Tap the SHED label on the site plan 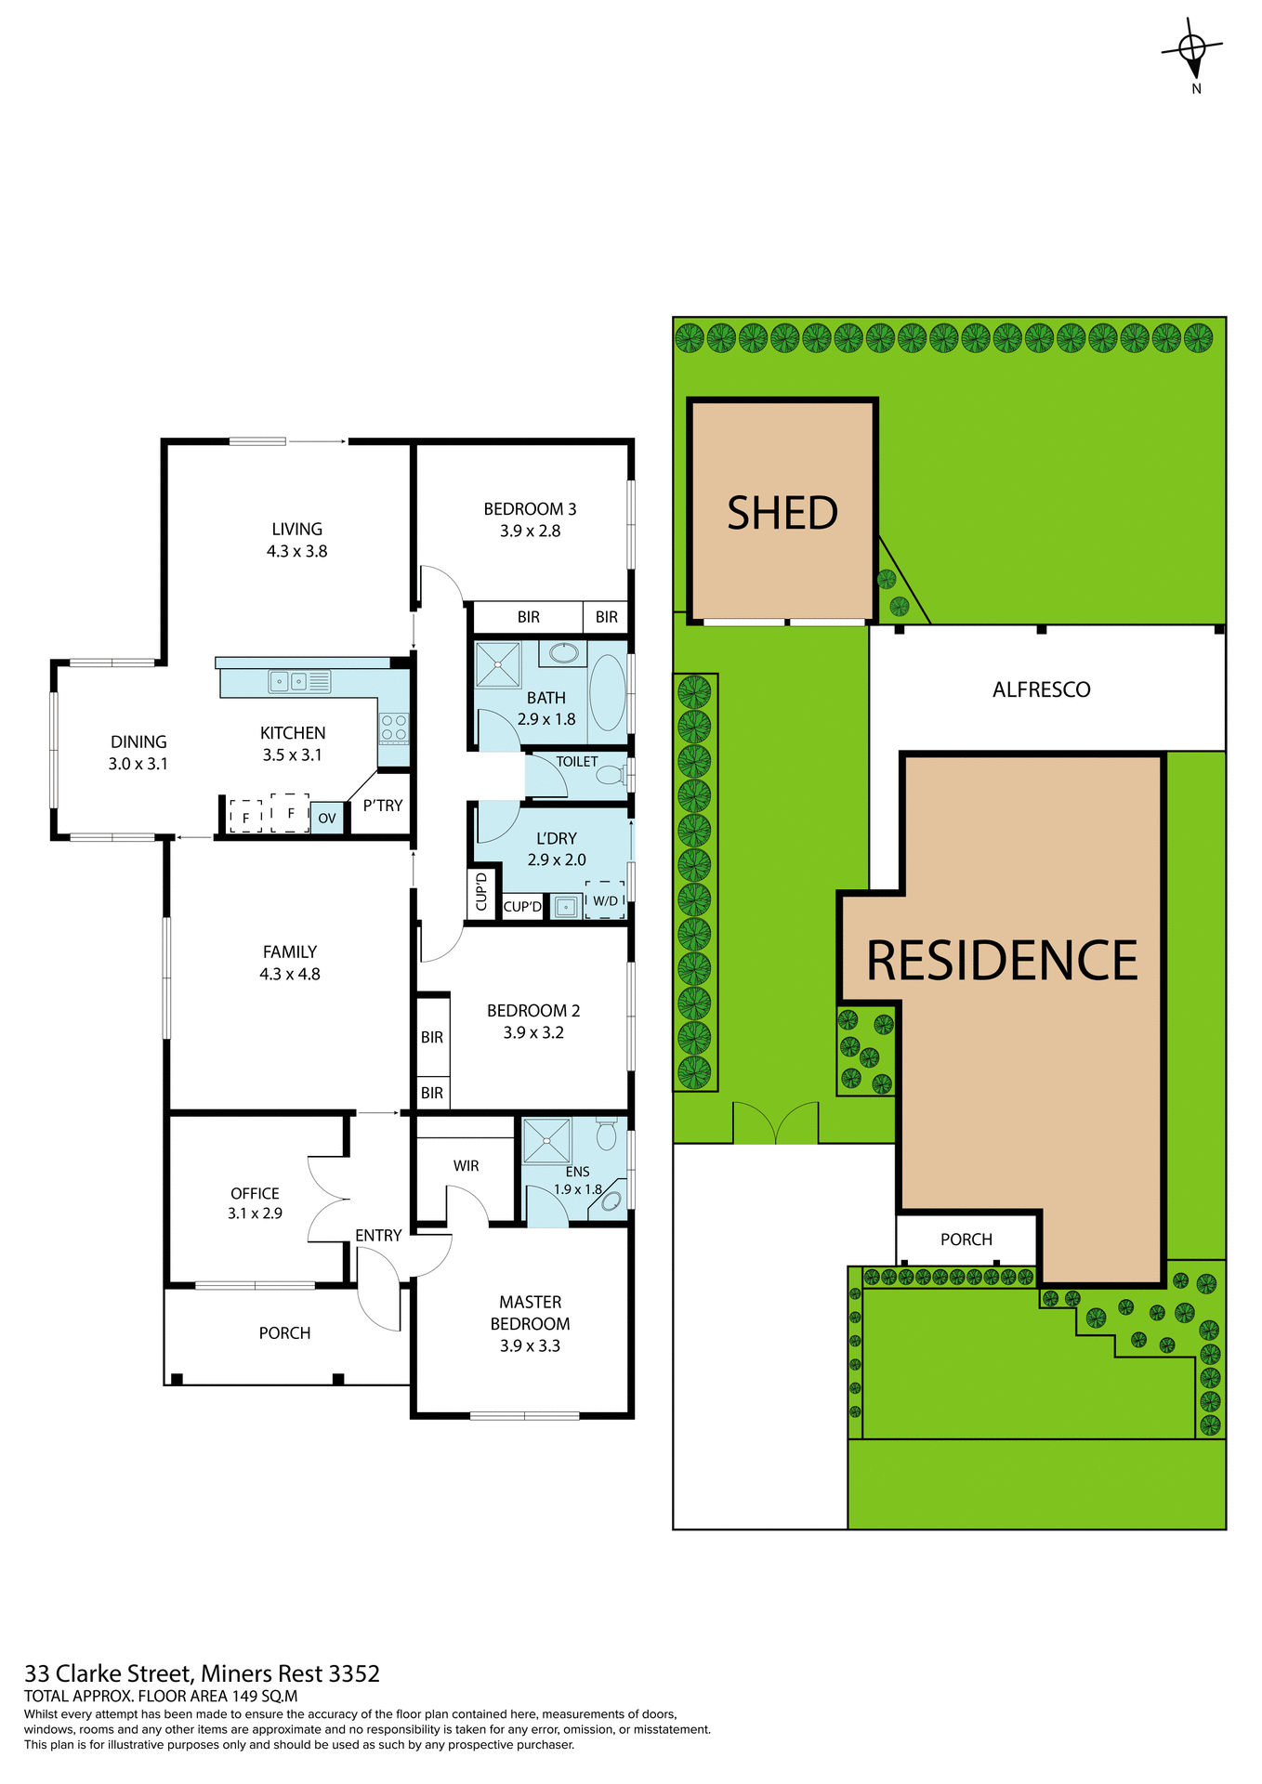(782, 513)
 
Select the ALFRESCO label (1041, 689)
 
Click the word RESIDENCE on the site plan (1002, 961)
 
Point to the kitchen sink (288, 682)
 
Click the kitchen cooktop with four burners (394, 728)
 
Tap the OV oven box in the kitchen (326, 819)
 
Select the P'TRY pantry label (383, 806)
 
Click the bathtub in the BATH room (608, 693)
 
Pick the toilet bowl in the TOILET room (611, 775)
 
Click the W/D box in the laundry (605, 900)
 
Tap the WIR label (466, 1165)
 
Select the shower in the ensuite (546, 1141)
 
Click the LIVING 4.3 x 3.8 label (296, 540)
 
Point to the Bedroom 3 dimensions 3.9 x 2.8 (530, 531)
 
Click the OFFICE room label (255, 1193)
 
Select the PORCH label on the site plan (966, 1240)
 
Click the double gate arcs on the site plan (775, 1123)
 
